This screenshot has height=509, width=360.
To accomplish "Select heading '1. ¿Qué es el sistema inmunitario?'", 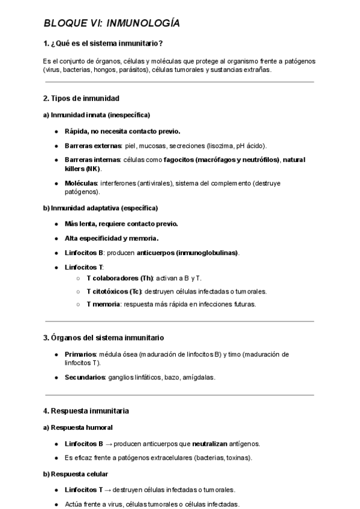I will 103,43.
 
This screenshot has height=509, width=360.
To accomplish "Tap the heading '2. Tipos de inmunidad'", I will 81,98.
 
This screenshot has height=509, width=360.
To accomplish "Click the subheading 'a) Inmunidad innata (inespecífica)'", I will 96,114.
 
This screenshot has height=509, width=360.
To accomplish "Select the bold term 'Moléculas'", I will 80,182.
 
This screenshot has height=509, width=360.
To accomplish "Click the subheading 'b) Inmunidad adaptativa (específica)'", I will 100,208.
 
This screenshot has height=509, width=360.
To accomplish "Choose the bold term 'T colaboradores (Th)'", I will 120,279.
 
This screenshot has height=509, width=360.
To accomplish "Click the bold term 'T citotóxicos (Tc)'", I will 116,291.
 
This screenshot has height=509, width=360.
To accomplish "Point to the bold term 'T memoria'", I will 103,304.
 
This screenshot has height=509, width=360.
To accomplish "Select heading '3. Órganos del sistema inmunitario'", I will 103,338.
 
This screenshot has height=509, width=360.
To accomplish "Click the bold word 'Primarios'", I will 80,354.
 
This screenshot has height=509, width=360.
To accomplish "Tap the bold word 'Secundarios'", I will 85,378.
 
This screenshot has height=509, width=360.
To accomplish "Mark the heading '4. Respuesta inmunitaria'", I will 86,411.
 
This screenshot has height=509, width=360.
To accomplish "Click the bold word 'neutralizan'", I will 211,444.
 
